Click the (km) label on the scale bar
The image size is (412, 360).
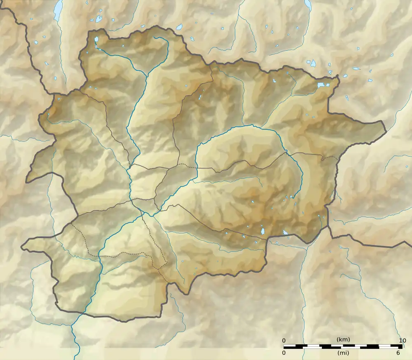pos(343,339)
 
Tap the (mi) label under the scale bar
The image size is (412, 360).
pos(343,353)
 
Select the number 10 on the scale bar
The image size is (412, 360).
pos(403,340)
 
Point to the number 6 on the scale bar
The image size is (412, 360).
pos(398,353)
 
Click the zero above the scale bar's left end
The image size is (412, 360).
pos(284,340)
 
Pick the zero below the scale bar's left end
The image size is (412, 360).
pos(284,353)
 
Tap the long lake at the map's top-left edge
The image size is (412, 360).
pos(58,9)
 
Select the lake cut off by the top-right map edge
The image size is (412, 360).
pos(307,4)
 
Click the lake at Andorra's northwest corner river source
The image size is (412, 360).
pos(96,40)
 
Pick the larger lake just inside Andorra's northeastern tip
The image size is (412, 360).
pos(321,85)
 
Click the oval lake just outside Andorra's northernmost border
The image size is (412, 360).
pos(179,28)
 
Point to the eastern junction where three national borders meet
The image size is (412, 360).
pos(328,225)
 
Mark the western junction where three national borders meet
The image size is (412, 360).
pos(54,94)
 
